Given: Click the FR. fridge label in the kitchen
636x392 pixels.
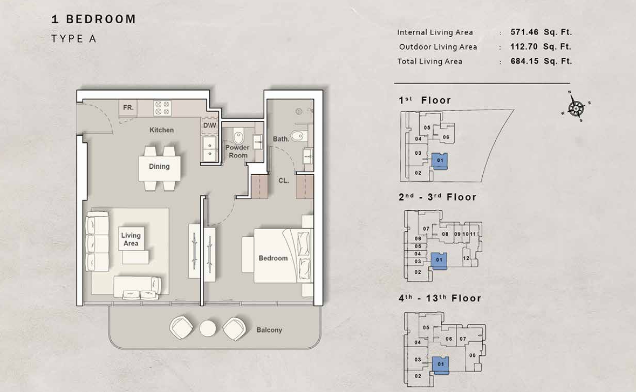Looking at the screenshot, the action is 128,108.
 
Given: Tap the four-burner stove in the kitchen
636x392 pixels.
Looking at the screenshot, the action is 162,108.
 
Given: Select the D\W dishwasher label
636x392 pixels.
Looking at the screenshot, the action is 210,125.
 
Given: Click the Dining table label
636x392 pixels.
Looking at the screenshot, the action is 159,166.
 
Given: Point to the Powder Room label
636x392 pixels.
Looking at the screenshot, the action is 238,152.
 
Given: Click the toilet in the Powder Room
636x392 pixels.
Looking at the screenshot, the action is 238,136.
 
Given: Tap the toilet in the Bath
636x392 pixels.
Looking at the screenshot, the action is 298,135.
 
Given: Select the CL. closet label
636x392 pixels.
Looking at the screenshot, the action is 284,181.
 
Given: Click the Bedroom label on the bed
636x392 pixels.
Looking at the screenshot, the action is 273,258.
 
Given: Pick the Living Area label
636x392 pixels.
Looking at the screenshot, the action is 131,239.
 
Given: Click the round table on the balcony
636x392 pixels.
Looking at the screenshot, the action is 208,328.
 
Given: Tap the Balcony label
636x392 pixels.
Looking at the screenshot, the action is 269,330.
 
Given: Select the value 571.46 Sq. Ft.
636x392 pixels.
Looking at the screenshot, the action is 541,32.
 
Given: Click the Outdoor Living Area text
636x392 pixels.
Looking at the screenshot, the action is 438,47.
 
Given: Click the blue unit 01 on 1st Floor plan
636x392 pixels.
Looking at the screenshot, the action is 440,161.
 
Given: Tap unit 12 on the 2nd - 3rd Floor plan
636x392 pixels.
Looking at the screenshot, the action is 466,258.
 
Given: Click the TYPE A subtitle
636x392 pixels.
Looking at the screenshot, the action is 74,39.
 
